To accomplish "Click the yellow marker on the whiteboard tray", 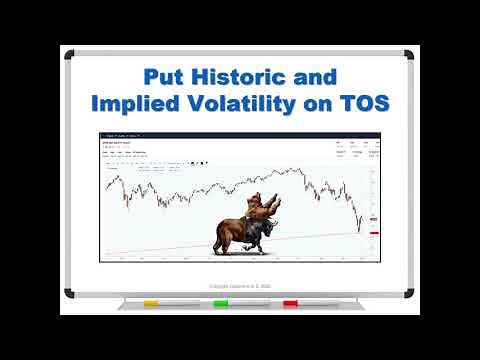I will tap(151, 303).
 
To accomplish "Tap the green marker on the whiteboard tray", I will tap(220, 303).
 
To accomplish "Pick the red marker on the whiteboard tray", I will tap(290, 303).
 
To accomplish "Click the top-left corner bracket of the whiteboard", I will tap(70, 54).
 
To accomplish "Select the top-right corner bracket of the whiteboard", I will tap(409, 54).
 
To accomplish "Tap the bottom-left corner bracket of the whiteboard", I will tap(70, 293).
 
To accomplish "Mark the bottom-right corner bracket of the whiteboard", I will tap(409, 293).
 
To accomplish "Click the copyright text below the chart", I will tap(239, 285).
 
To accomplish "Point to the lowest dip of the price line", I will tap(359, 227).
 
